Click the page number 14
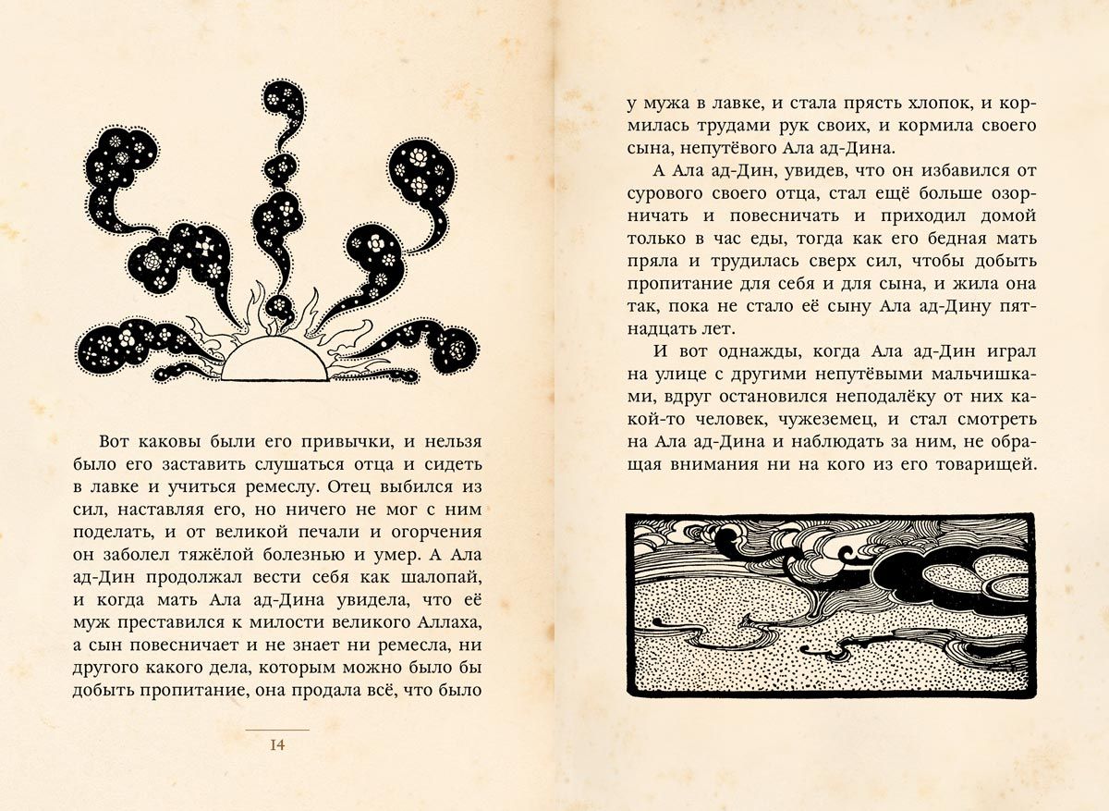pos(277,745)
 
